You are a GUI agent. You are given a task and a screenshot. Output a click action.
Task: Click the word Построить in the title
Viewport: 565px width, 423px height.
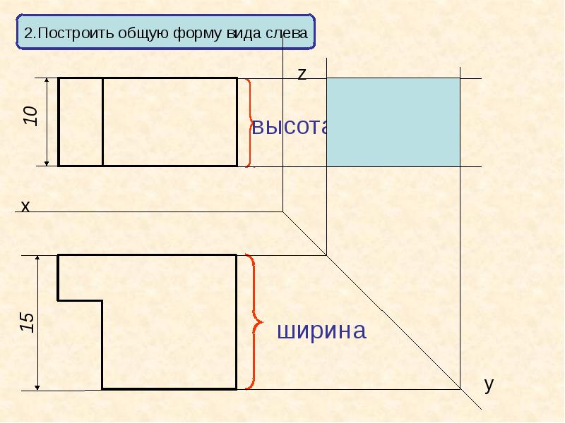[75, 33]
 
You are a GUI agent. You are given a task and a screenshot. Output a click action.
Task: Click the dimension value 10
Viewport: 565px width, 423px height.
[31, 116]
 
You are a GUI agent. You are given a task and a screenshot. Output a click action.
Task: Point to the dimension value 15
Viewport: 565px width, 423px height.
[27, 322]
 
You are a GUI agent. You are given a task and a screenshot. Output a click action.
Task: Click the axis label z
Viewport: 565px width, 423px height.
[302, 74]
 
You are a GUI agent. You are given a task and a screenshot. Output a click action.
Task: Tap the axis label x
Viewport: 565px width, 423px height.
[25, 207]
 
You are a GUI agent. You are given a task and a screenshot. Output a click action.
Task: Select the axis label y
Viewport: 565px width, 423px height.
[489, 385]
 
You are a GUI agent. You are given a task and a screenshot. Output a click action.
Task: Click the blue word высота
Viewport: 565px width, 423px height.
[290, 126]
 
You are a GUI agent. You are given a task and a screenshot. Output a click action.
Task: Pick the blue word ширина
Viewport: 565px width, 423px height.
[321, 331]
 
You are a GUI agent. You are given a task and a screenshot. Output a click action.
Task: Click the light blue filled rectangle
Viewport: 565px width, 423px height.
[393, 122]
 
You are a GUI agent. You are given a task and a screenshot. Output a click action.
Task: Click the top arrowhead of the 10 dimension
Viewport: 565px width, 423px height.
[47, 80]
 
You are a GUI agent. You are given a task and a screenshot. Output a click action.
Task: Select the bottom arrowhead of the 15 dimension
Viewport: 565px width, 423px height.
[37, 387]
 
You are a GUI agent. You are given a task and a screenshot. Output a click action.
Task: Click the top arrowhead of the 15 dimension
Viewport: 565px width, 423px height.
[37, 258]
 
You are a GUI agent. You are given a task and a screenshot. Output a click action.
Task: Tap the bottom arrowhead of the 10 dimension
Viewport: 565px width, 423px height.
[47, 163]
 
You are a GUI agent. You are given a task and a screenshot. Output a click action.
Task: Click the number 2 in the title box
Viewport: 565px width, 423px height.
[28, 33]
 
